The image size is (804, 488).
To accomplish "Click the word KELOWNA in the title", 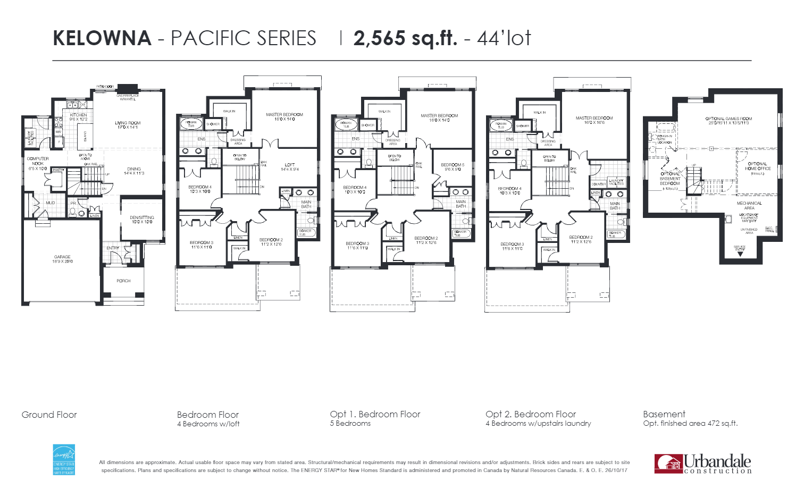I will click(x=102, y=38).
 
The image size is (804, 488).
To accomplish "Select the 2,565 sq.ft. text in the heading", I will click(x=405, y=38).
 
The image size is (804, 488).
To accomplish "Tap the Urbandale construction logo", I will click(x=703, y=464).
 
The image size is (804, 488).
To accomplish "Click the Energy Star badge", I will click(x=64, y=460).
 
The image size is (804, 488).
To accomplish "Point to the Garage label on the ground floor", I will click(x=62, y=259).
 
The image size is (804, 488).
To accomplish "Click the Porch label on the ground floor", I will click(x=123, y=281).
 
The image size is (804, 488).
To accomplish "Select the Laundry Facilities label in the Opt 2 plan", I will click(x=616, y=182).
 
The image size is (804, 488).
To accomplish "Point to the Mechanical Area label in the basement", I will click(x=749, y=205).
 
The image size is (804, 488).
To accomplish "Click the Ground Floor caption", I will click(x=49, y=415).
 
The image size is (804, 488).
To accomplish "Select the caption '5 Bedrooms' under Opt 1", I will click(x=350, y=424).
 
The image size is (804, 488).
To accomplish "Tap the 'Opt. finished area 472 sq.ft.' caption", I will click(x=690, y=424).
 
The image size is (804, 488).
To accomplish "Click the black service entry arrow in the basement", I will click(x=740, y=254).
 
